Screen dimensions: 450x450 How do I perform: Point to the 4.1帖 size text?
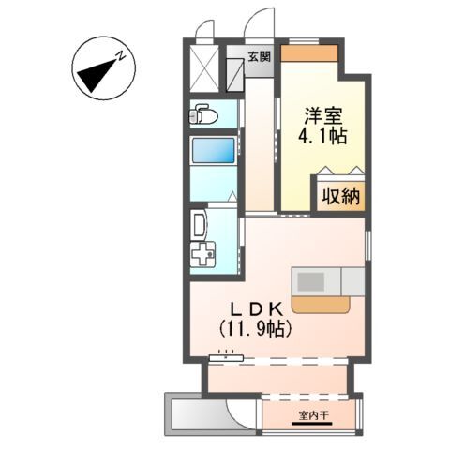coord(324,137)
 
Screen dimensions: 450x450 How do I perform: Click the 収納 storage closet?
coord(339,197)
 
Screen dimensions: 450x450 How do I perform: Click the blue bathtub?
coord(212,152)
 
